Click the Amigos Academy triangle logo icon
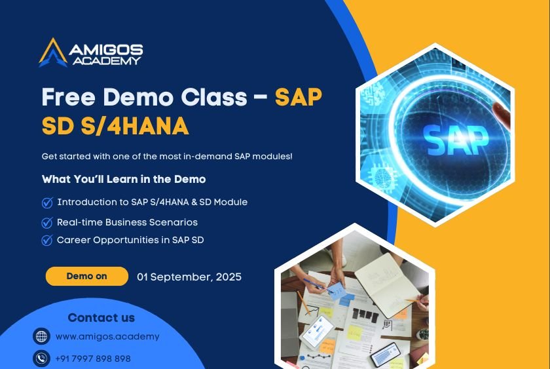(53, 52)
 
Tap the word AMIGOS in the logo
(106, 50)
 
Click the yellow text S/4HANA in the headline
(135, 126)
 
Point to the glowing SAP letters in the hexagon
(456, 140)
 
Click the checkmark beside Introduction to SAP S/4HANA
(47, 203)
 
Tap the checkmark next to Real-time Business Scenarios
(47, 223)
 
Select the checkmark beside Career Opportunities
(47, 240)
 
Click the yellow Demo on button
(87, 277)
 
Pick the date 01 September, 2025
(189, 277)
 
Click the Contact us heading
(101, 318)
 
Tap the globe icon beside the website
(41, 336)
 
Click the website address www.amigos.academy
(107, 337)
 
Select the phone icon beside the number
(41, 359)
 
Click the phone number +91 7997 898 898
(93, 359)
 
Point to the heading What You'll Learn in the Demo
(124, 180)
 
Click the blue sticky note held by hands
(337, 292)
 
